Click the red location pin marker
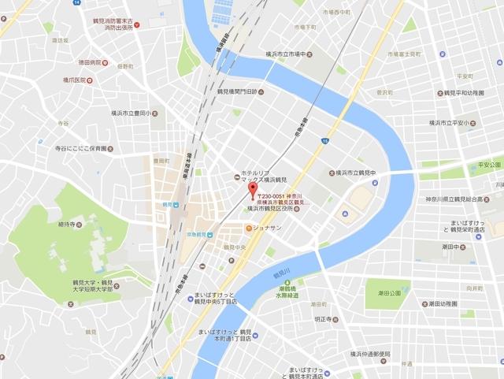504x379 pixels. (x=252, y=190)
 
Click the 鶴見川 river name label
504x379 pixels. (x=281, y=273)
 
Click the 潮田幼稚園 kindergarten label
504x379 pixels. (x=435, y=303)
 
